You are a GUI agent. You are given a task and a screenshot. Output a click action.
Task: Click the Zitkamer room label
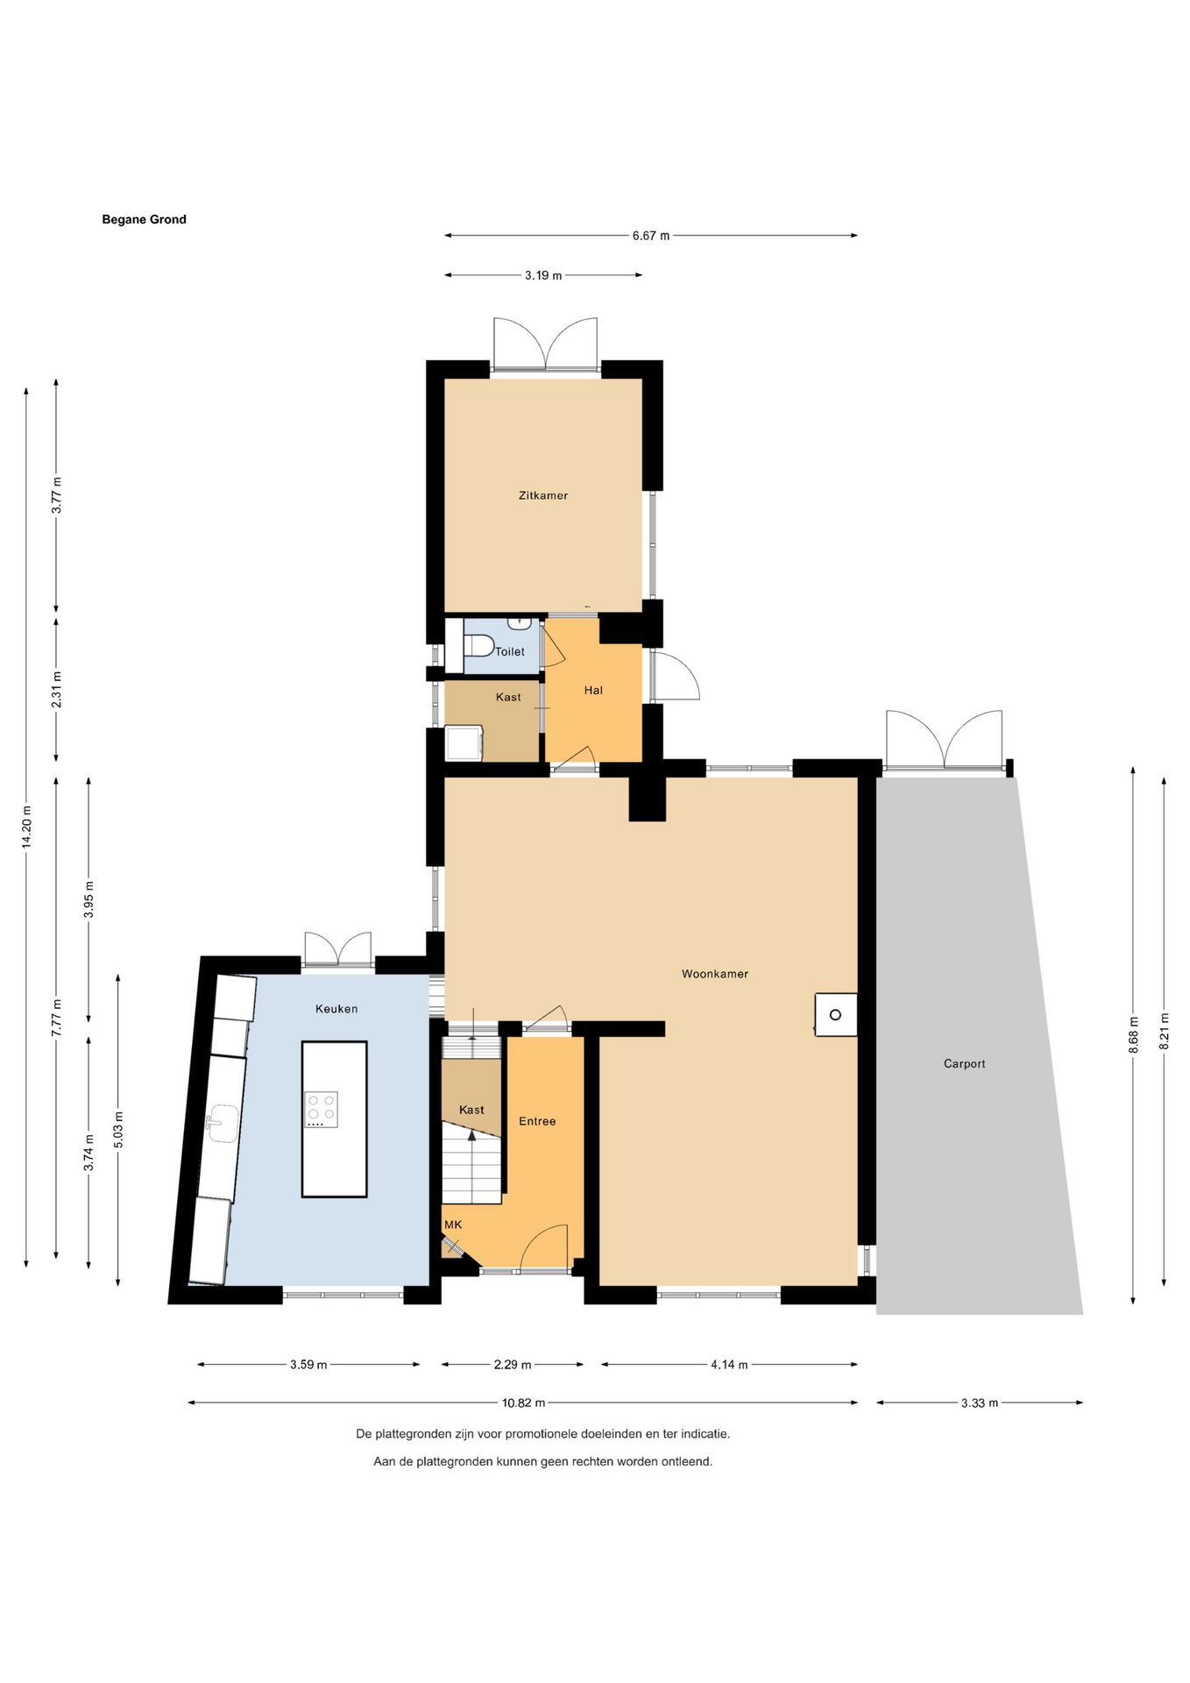tap(543, 495)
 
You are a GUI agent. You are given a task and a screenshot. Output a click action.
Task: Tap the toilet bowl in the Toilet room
tap(478, 645)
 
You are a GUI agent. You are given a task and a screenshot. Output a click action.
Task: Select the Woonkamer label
tap(715, 974)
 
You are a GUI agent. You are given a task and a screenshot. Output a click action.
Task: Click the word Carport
tap(965, 1064)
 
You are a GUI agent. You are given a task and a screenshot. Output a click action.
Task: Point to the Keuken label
tap(336, 1009)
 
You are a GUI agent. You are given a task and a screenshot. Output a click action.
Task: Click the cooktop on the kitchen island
tap(322, 1109)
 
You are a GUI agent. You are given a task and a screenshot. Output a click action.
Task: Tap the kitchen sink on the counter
tap(223, 1123)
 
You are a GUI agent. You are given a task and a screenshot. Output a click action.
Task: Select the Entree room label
tap(537, 1121)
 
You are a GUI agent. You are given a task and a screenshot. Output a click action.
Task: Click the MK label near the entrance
tap(453, 1225)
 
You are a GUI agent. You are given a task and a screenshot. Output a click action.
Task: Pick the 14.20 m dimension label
tap(26, 827)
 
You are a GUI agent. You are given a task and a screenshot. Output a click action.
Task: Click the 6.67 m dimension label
tap(651, 236)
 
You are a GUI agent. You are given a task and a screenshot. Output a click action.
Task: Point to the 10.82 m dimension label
tap(523, 1402)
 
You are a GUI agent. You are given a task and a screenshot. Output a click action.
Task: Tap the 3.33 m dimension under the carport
tap(980, 1402)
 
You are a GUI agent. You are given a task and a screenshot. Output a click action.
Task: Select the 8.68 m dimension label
tap(1133, 1035)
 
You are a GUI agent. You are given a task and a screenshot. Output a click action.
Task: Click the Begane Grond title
tap(145, 220)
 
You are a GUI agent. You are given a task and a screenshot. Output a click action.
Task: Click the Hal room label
tap(593, 691)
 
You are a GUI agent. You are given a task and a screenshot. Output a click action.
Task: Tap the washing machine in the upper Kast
tap(464, 743)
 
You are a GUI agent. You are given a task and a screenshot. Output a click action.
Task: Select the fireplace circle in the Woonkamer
tap(835, 1015)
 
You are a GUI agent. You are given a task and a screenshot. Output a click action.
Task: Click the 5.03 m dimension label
tap(119, 1129)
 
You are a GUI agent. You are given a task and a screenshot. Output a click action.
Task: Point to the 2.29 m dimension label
tap(513, 1364)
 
